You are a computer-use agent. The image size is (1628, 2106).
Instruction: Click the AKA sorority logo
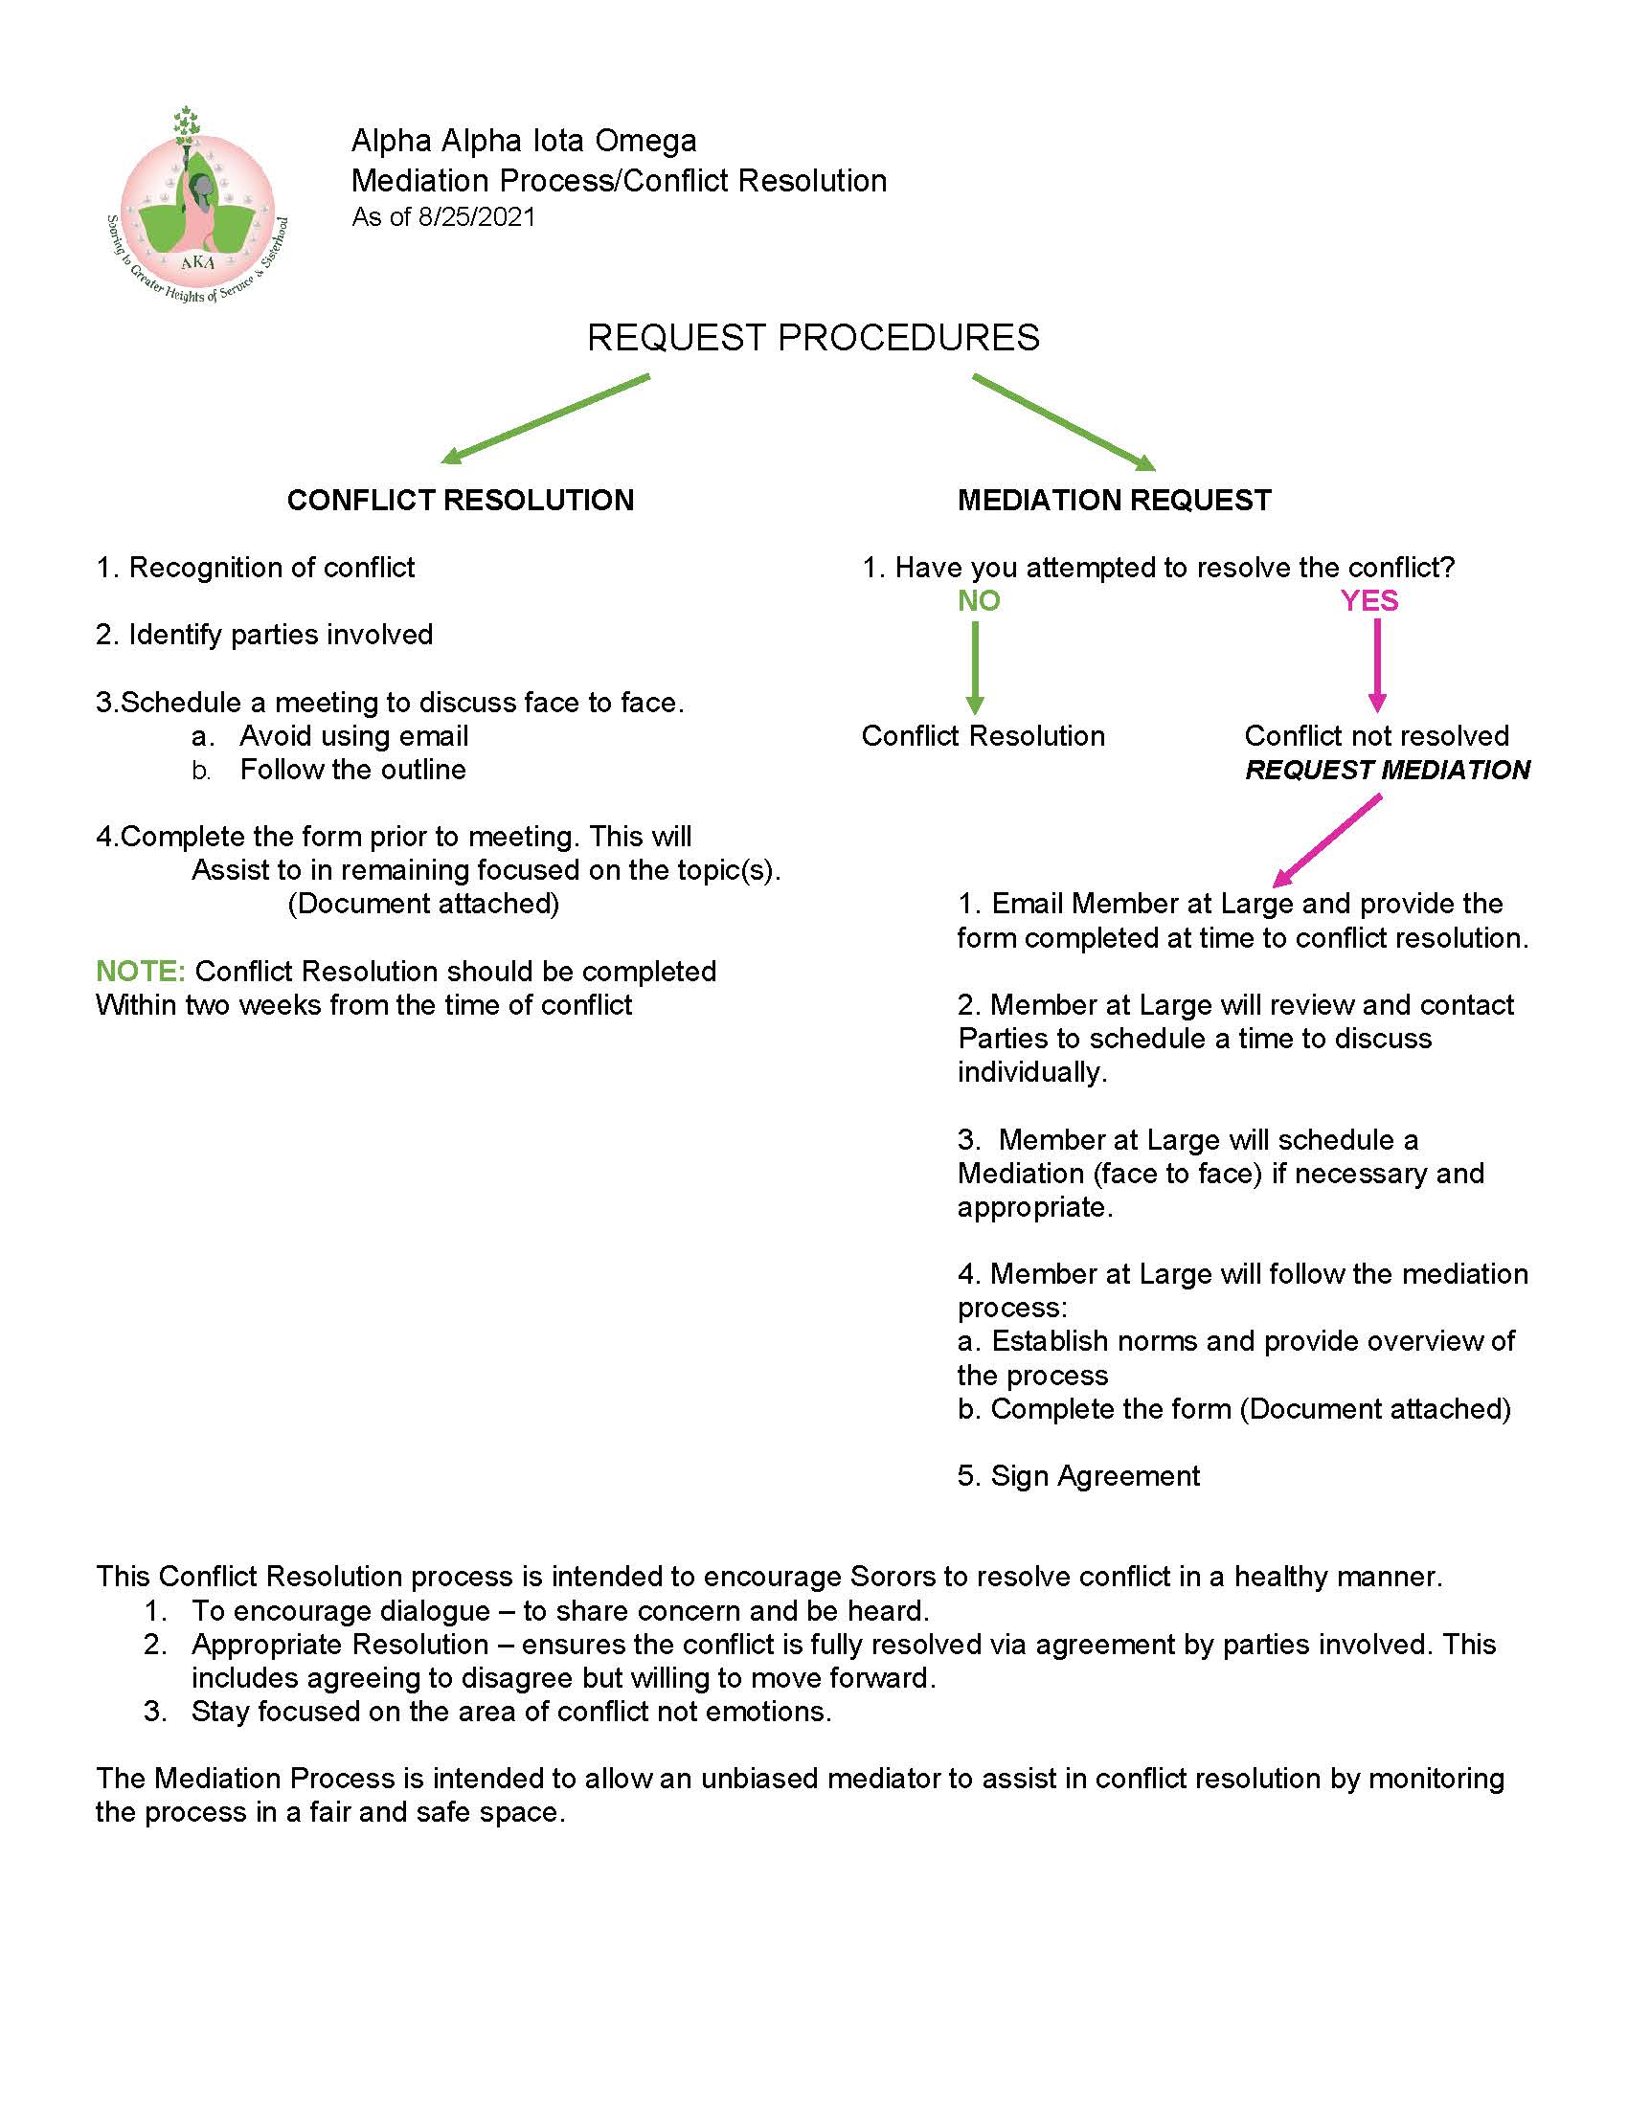coord(196,208)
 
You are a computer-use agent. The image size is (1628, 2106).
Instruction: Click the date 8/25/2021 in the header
coord(477,217)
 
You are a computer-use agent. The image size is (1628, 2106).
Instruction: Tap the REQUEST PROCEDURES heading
coord(813,338)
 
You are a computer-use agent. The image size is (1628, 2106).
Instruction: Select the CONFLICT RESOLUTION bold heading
coord(460,500)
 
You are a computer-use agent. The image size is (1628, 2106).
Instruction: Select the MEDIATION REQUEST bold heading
coord(1114,500)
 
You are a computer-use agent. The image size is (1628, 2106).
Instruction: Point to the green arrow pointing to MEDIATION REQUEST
coord(1064,422)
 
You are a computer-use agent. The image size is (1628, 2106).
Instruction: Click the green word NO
coord(978,601)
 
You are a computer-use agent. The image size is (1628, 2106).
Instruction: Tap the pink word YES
coord(1368,601)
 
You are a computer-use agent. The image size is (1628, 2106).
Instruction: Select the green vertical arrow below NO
coord(975,667)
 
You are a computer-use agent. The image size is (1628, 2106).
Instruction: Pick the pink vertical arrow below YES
coord(1376,665)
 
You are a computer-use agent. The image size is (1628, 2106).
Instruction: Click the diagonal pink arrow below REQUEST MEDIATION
coord(1327,840)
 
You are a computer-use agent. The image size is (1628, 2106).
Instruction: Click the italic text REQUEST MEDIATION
coord(1387,770)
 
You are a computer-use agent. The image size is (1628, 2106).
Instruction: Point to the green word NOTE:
coord(141,971)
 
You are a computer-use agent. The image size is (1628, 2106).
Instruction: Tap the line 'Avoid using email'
coord(353,736)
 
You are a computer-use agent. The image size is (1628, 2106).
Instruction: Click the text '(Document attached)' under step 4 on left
coord(423,904)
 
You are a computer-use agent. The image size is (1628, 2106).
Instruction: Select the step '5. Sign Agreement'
coord(1078,1475)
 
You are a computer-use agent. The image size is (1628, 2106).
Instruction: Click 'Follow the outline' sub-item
coord(352,770)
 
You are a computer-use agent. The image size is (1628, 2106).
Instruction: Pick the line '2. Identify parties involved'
coord(264,635)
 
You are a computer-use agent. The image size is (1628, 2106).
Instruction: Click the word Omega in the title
coord(645,141)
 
